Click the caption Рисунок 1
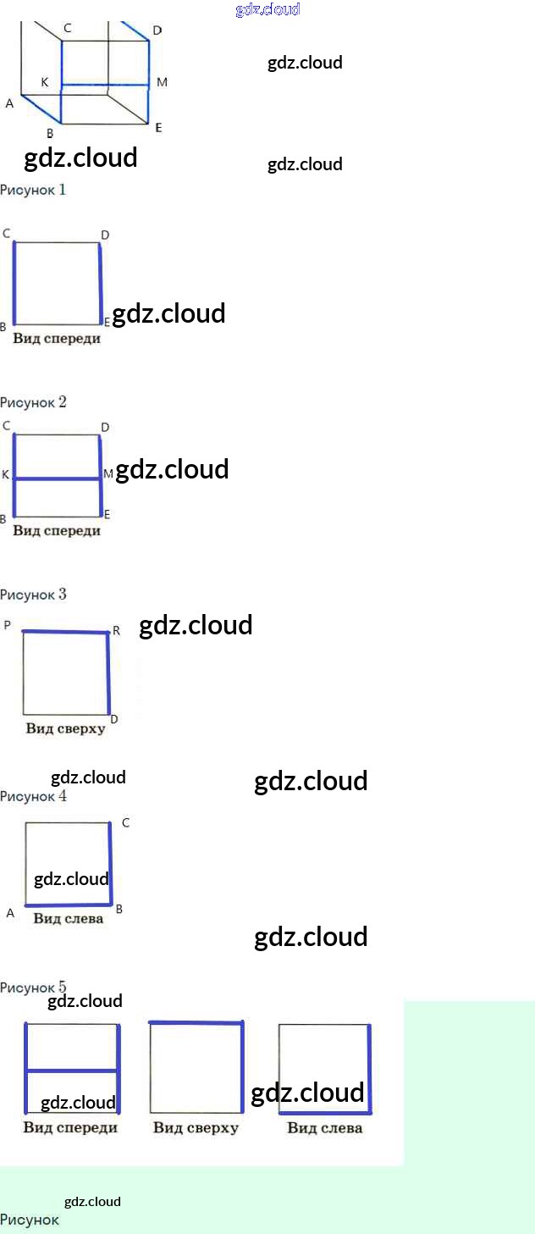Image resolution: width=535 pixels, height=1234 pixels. (x=33, y=190)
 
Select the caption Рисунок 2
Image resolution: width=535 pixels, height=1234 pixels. (x=33, y=402)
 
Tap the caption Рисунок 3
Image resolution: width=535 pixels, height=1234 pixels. (x=33, y=595)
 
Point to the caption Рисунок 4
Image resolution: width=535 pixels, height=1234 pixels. (x=33, y=796)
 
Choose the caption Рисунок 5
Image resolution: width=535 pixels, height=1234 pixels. (x=33, y=988)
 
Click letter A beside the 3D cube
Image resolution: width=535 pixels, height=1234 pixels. (x=9, y=103)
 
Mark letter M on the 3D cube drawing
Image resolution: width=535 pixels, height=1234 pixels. (x=162, y=82)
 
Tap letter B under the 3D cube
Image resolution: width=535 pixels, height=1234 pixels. (x=50, y=133)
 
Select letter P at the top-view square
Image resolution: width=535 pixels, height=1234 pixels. (x=8, y=625)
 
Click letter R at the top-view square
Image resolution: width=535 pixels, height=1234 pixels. (x=116, y=631)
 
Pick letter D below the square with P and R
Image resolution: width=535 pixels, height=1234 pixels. (x=113, y=719)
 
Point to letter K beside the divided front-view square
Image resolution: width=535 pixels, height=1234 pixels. (x=5, y=475)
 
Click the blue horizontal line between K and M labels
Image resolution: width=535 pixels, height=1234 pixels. (x=58, y=479)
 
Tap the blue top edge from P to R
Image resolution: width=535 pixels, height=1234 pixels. (x=65, y=632)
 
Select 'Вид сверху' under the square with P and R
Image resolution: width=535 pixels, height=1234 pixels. (x=65, y=728)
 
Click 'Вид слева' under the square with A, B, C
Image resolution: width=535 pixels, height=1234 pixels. (x=68, y=918)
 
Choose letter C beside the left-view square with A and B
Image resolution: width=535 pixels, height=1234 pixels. (x=125, y=822)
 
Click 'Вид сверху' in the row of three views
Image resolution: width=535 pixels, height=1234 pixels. (x=196, y=1127)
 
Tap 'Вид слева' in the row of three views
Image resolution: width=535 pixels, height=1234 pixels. (x=324, y=1127)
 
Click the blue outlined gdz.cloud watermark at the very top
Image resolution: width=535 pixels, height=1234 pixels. (x=267, y=10)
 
